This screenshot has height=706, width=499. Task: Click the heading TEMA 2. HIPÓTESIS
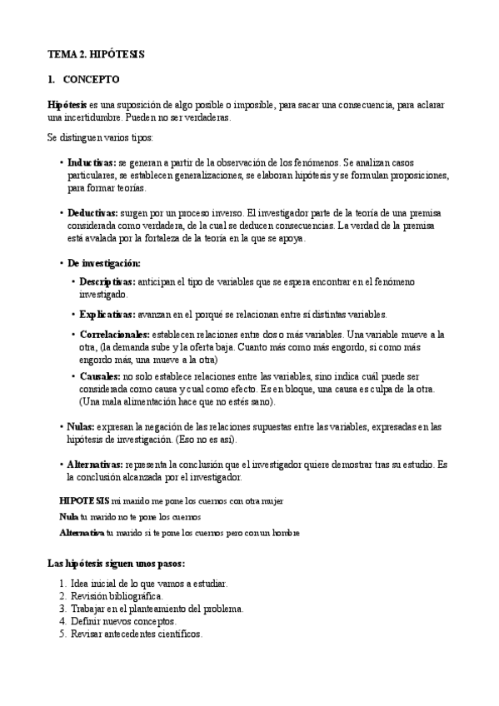(96, 54)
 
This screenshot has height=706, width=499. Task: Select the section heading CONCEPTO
(91, 80)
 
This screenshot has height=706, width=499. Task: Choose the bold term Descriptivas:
(107, 282)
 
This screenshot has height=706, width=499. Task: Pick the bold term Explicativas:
(107, 315)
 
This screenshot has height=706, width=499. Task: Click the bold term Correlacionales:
(114, 335)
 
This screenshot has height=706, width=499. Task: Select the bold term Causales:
(100, 376)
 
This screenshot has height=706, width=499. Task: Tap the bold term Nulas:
(81, 426)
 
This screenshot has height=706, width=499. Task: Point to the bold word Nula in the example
(69, 516)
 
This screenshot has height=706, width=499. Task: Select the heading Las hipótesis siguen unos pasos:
(110, 564)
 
